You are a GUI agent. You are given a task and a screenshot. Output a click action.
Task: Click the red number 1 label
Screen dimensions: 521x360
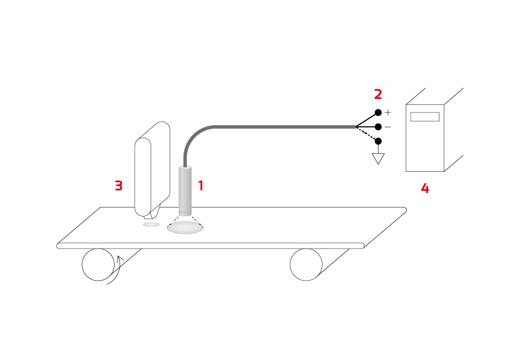click(201, 185)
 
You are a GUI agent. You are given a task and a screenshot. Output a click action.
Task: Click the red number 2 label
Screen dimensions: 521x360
click(378, 94)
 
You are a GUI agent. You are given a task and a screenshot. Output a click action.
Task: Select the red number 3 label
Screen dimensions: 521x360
click(119, 185)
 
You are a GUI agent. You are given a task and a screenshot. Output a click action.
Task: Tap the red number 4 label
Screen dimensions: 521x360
click(425, 189)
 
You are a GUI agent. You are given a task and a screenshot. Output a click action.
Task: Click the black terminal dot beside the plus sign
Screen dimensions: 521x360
click(378, 113)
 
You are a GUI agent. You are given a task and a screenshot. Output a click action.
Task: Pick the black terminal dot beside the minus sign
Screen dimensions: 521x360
click(378, 127)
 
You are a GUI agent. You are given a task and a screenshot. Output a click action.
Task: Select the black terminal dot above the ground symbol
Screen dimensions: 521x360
click(378, 141)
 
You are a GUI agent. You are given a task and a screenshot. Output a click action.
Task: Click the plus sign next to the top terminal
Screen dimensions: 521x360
click(388, 113)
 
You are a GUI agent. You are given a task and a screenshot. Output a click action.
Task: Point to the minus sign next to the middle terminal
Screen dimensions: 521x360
click(388, 127)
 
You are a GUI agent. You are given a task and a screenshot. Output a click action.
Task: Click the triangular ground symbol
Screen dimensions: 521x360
click(378, 158)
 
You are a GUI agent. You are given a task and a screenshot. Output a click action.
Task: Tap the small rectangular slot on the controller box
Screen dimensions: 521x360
click(425, 116)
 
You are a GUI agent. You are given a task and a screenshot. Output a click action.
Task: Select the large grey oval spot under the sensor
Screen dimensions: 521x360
click(185, 227)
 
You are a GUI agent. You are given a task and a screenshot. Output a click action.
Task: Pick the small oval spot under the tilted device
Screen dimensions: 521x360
click(152, 225)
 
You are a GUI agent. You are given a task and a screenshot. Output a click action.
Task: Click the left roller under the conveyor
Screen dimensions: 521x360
click(98, 265)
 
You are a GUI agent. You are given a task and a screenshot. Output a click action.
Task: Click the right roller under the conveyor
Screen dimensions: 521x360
click(306, 265)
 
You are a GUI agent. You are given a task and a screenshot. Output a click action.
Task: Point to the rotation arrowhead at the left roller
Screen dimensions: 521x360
click(120, 258)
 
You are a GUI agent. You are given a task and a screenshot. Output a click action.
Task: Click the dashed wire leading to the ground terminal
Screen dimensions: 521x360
click(367, 134)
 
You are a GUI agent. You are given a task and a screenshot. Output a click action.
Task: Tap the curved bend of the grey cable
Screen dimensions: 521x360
click(194, 136)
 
